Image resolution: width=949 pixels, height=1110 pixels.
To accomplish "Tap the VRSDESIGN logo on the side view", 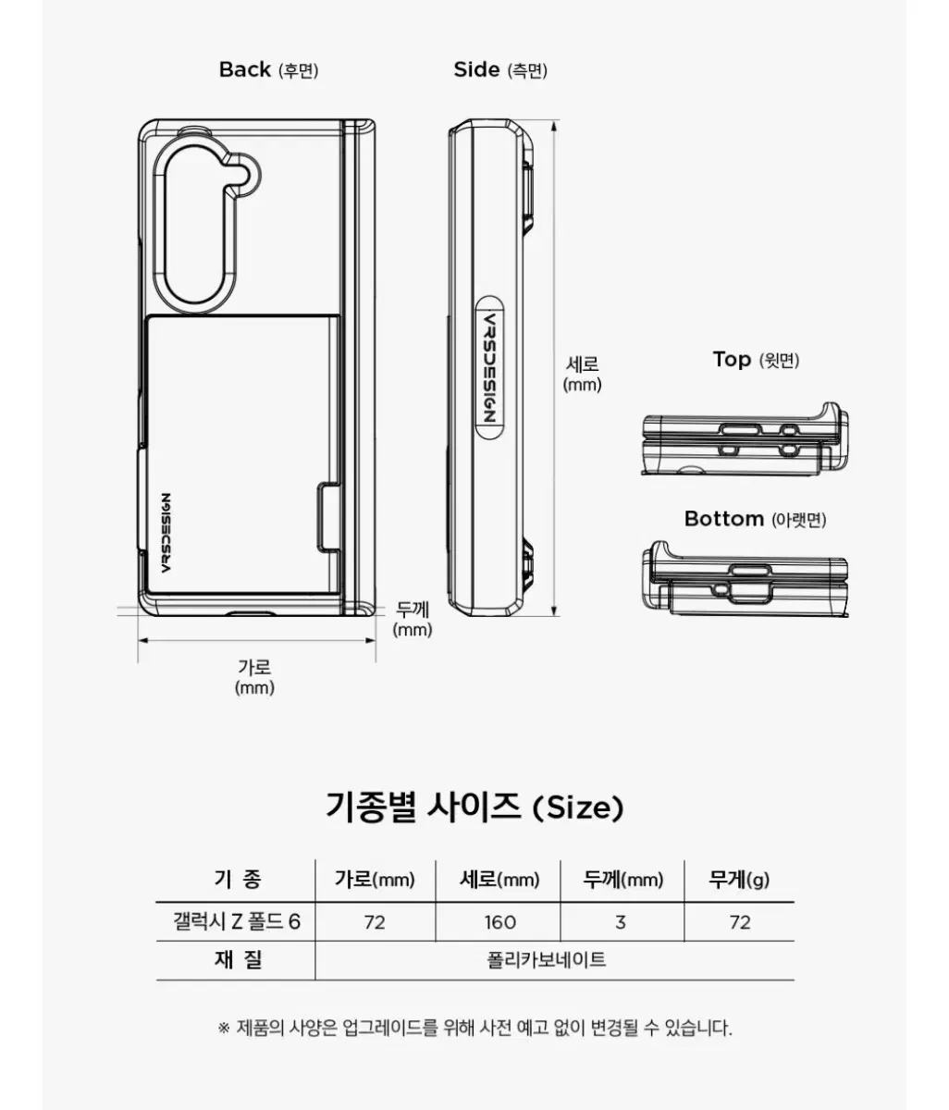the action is [490, 368].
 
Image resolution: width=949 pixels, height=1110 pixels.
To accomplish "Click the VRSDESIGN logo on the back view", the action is [166, 533].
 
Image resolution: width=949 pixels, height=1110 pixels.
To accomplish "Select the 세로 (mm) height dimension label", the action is [582, 375].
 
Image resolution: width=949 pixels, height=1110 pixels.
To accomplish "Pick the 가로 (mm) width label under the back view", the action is [254, 677].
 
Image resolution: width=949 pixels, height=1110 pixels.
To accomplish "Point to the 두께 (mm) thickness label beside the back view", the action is [412, 619].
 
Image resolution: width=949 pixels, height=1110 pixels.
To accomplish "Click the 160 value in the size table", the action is [499, 922].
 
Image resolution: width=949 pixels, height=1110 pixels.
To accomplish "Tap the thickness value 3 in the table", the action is [621, 922].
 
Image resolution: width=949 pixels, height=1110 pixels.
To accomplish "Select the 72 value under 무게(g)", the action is [740, 922].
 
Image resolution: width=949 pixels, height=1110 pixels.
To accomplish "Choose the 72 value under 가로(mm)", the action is [375, 922].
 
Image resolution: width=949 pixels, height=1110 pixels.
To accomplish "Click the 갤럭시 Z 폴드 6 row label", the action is [236, 922].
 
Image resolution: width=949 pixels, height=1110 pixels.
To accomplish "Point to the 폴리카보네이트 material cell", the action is [547, 959].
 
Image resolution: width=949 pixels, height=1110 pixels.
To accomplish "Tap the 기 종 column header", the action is [238, 879].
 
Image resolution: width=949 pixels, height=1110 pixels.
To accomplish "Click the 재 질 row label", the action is [238, 959].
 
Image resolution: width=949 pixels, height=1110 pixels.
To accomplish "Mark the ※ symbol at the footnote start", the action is [224, 1028].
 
